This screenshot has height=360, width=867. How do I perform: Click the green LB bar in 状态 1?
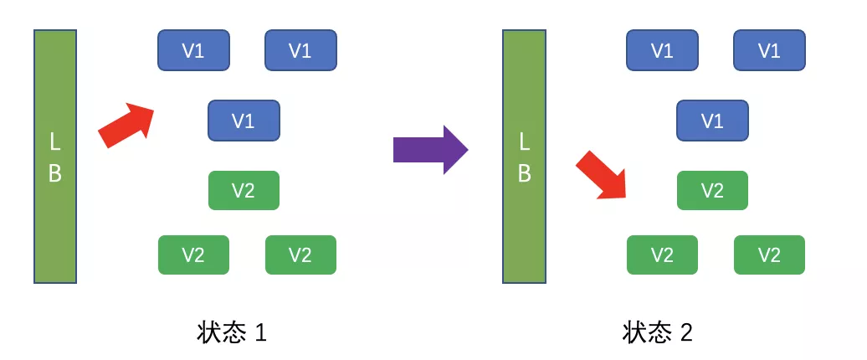coord(55,157)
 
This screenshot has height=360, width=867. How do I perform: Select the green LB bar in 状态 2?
coord(524,157)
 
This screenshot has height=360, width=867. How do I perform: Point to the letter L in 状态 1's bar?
coord(54,142)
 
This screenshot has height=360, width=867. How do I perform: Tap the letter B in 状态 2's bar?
coord(524,173)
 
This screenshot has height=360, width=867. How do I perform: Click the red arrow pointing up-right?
coord(126,125)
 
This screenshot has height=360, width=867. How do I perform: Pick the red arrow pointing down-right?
coord(601,174)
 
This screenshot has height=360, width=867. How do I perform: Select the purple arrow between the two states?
coord(431,149)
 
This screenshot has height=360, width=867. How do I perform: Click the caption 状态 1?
coord(232,333)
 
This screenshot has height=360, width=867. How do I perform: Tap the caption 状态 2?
coord(657,333)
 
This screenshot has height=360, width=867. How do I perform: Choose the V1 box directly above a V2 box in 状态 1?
coord(244,121)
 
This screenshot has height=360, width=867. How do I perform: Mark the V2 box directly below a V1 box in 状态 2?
coord(712,190)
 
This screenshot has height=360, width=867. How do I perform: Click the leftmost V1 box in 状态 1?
coord(193,50)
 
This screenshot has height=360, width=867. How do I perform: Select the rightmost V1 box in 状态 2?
coord(769,50)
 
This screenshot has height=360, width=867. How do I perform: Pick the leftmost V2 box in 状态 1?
coord(193,255)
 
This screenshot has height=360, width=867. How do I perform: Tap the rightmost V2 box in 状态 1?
coord(300,255)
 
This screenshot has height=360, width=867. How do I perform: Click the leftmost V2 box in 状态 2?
coord(662,255)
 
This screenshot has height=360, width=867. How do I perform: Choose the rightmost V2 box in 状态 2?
coord(769,255)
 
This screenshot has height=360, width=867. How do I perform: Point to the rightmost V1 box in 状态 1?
coord(300,50)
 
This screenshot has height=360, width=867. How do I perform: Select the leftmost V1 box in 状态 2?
coord(662,50)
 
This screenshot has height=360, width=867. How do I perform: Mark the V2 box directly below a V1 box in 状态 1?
coord(244,190)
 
